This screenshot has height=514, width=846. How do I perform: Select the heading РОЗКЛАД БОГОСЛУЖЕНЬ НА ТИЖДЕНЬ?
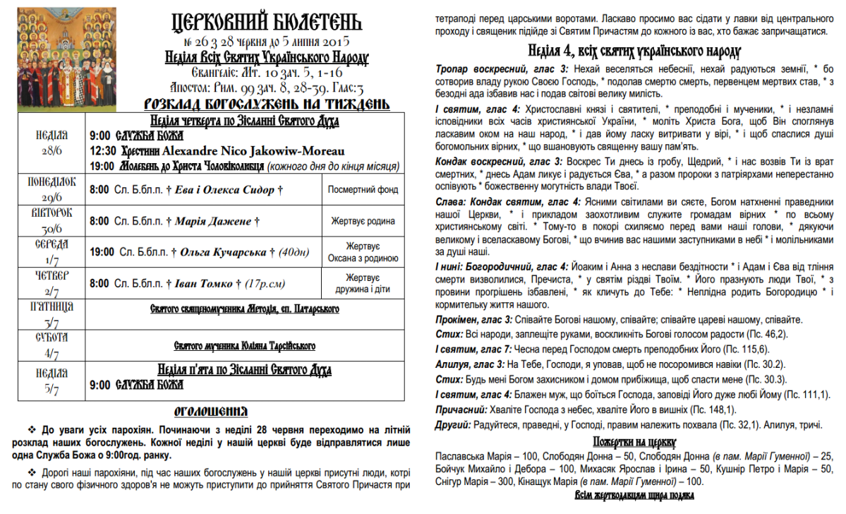(266, 104)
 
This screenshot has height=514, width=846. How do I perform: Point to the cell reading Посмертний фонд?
(363, 189)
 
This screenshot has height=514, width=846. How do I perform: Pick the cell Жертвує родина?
(363, 221)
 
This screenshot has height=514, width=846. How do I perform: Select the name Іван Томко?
(204, 284)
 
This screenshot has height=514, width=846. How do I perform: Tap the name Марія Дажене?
(214, 221)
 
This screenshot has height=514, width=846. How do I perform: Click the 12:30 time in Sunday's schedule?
(103, 150)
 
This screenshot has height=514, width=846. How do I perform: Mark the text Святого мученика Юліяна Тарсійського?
(244, 346)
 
